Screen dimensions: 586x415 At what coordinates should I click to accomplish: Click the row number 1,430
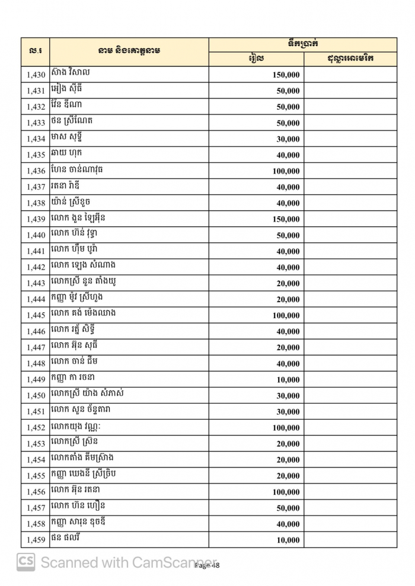tap(36, 75)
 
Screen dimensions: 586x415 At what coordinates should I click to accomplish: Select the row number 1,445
tap(36, 315)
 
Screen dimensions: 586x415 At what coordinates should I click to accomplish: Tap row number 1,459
tap(36, 540)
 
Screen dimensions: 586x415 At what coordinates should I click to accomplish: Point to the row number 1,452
tap(36, 428)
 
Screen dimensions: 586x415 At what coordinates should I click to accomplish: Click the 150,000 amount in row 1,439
tap(286, 219)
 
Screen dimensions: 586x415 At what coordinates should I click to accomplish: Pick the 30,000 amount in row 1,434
tap(288, 139)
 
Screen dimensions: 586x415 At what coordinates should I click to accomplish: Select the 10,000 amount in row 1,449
tap(288, 380)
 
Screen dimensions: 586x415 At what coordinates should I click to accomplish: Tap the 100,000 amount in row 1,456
tap(286, 492)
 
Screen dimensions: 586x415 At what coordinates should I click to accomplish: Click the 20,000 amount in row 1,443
tap(288, 284)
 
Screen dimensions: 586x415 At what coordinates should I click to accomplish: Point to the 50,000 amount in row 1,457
tap(288, 508)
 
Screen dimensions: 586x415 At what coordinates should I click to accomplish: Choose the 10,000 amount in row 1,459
tap(288, 540)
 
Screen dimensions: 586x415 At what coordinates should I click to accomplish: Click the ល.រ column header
tap(36, 52)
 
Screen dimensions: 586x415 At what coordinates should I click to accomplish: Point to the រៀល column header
tap(256, 59)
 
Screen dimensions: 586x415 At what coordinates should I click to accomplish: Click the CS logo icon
tap(25, 562)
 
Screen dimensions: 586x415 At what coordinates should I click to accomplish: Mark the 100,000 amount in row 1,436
tap(286, 171)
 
